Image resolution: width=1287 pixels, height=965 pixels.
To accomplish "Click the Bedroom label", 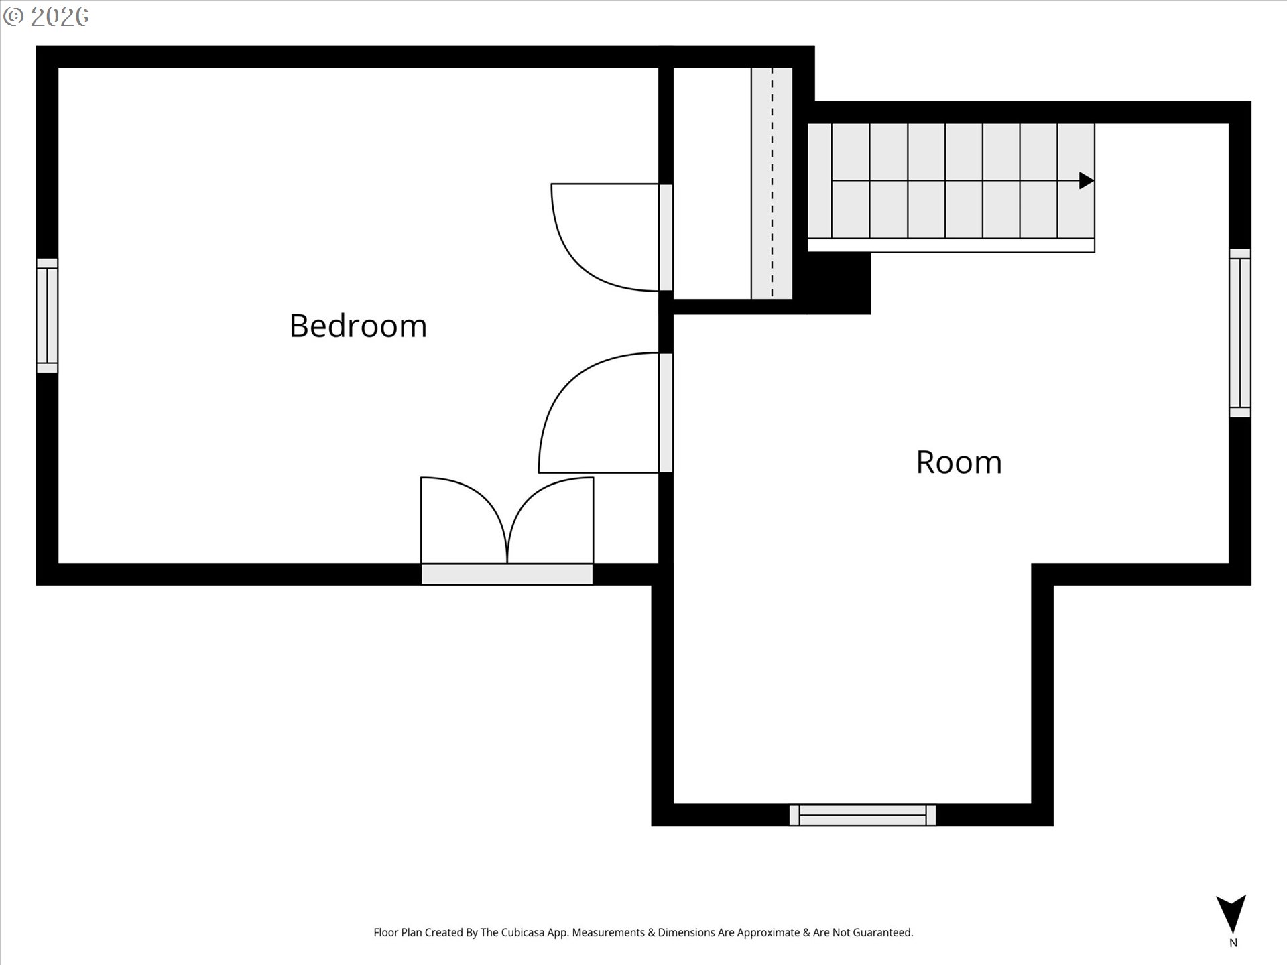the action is coord(358,326).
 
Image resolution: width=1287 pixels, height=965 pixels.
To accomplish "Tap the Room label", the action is coord(959,462).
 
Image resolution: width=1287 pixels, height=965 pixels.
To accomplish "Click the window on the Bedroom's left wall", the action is coord(47,316).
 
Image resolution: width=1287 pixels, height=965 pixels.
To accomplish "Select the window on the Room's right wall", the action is coord(1240,333).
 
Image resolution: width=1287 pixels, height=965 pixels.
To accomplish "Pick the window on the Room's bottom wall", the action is coord(863,815).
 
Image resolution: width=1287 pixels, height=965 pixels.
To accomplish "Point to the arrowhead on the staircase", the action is coord(1087,180).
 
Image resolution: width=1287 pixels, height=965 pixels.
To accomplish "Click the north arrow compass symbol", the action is coord(1231,914).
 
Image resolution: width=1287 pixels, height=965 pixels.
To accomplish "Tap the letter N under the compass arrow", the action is coord(1233,943).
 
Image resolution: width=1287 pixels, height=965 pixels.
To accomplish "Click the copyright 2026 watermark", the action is coord(46,17).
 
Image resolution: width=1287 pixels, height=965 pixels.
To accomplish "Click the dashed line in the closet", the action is coord(772,182).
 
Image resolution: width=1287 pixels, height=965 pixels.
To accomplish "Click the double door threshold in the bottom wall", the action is coord(507,574).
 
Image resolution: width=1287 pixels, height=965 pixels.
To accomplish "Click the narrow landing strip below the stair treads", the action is coord(951,245).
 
